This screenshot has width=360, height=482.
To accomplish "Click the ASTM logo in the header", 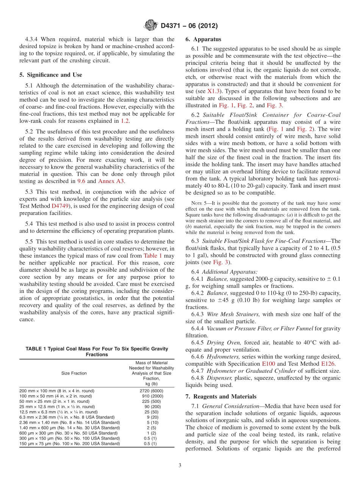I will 150,26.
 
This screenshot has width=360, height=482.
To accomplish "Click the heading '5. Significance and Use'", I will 50,75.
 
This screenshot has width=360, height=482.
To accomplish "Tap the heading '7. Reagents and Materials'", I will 221,396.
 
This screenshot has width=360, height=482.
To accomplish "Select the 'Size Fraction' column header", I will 74,373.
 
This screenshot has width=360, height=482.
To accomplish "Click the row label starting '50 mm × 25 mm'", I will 55,401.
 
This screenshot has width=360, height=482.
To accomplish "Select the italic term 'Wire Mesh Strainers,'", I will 233,314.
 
